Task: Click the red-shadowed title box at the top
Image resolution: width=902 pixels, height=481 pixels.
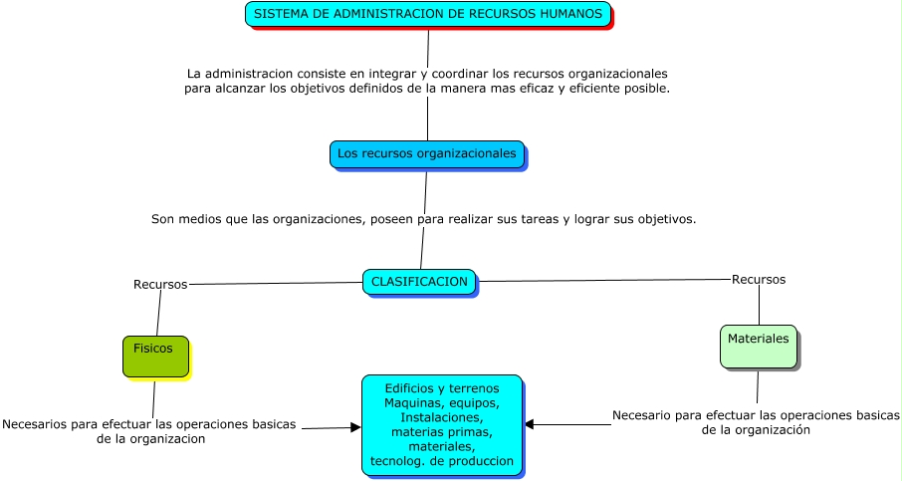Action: click(428, 15)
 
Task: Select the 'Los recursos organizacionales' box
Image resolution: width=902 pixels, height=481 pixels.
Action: click(427, 154)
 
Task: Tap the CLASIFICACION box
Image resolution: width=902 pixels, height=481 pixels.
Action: click(419, 282)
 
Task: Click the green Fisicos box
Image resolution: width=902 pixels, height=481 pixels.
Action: click(155, 357)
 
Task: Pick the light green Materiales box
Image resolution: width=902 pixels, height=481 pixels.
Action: click(758, 346)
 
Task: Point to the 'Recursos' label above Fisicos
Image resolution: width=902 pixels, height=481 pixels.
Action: click(160, 285)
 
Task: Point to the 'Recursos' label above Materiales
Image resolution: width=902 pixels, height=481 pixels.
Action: click(759, 280)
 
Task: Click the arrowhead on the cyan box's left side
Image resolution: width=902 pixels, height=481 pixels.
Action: click(355, 428)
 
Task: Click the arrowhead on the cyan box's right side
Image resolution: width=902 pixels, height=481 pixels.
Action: click(530, 424)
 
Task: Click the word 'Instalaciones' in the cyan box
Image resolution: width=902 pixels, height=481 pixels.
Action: click(440, 417)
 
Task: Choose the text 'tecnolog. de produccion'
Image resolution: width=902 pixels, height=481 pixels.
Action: click(442, 462)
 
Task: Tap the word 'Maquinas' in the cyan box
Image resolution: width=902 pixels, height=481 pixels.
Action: click(411, 402)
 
